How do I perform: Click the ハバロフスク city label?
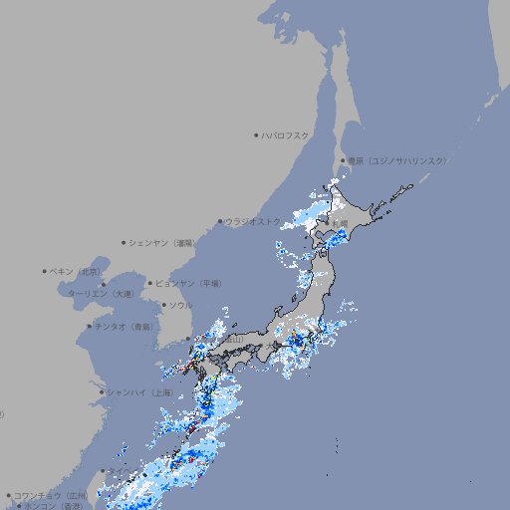coord(285,134)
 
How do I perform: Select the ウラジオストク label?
coord(253,222)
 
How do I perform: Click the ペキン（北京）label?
coord(76,271)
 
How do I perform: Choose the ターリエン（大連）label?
coord(100,294)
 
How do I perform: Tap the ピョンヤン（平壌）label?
coord(188,284)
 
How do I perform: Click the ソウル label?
coord(180,306)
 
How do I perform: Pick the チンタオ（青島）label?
coord(125,327)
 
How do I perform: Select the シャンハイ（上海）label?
coord(139,393)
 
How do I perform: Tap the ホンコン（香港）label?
coord(54,506)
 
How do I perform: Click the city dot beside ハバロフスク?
coord(256,134)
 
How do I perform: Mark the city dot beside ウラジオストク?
coord(220,222)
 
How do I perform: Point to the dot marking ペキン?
coord(45,271)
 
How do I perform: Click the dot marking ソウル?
coord(163,306)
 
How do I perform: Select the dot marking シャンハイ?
coord(102,392)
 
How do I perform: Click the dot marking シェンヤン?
coord(125,242)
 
